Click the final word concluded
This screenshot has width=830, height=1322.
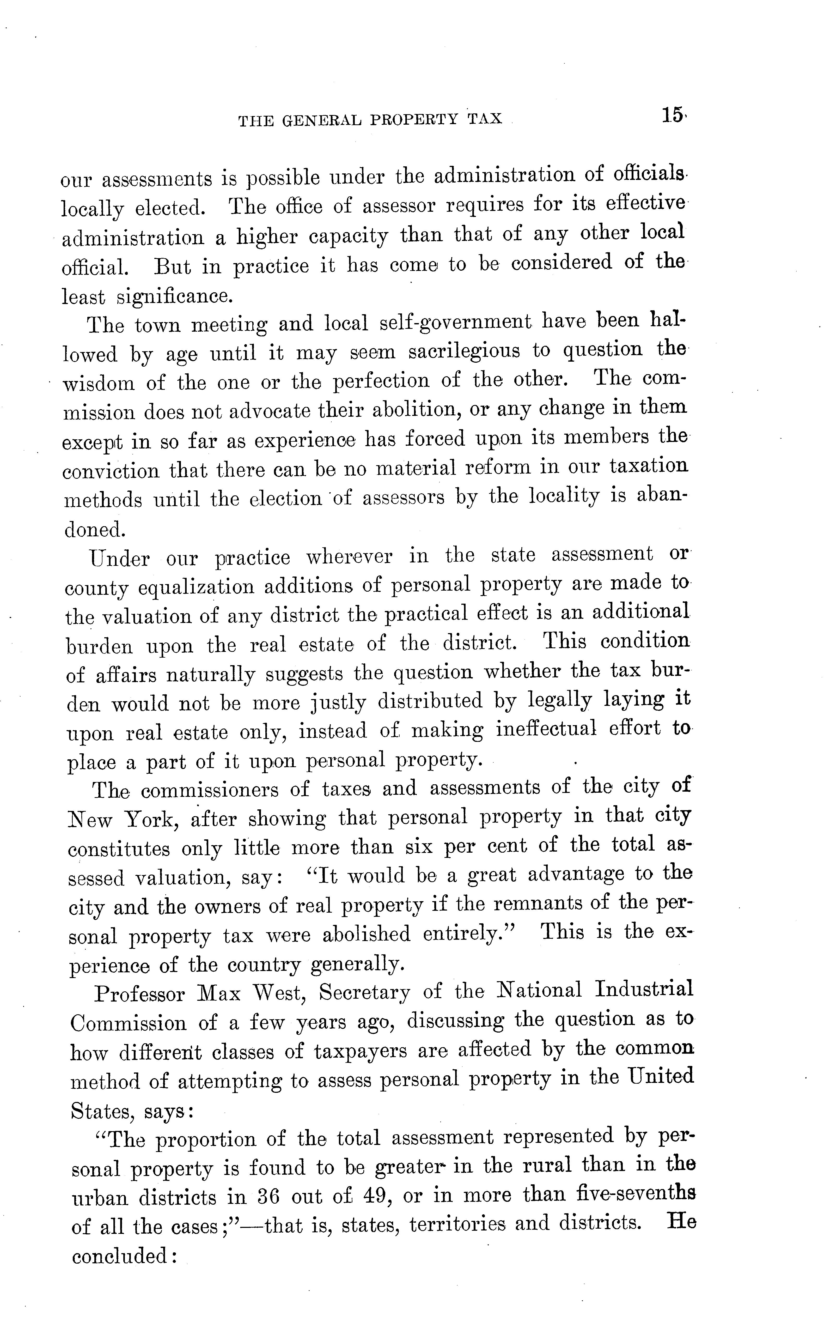(x=122, y=1254)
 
